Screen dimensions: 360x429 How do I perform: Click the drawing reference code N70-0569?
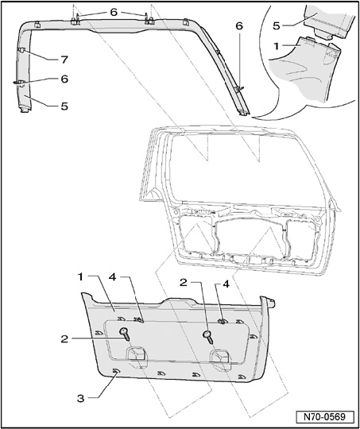pyautogui.click(x=324, y=417)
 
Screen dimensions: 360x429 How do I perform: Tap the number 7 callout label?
pyautogui.click(x=64, y=60)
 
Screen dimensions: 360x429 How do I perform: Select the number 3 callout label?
pyautogui.click(x=80, y=399)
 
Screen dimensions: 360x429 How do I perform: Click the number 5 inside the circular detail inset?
pyautogui.click(x=277, y=25)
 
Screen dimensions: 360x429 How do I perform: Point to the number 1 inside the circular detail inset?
pyautogui.click(x=277, y=46)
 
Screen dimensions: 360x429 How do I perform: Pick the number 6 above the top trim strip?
pyautogui.click(x=114, y=12)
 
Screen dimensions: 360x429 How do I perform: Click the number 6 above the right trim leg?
pyautogui.click(x=239, y=26)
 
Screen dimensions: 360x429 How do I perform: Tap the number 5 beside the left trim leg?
pyautogui.click(x=64, y=106)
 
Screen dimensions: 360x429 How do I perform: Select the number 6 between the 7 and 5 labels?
pyautogui.click(x=64, y=79)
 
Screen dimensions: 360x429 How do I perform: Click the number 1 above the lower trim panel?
pyautogui.click(x=79, y=277)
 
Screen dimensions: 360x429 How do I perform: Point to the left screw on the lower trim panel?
pyautogui.click(x=125, y=334)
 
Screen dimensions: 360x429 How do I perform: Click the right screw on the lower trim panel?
pyautogui.click(x=208, y=337)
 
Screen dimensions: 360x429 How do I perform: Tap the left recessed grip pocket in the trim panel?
pyautogui.click(x=136, y=357)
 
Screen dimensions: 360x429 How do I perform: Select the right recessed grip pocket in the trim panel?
pyautogui.click(x=220, y=358)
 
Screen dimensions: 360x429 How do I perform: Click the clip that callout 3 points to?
pyautogui.click(x=116, y=371)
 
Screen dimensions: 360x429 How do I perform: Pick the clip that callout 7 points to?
pyautogui.click(x=22, y=50)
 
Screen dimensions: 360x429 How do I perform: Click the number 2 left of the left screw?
pyautogui.click(x=64, y=339)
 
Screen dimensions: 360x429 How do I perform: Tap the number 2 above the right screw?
pyautogui.click(x=184, y=282)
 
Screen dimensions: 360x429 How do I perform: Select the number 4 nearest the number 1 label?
pyautogui.click(x=113, y=277)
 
